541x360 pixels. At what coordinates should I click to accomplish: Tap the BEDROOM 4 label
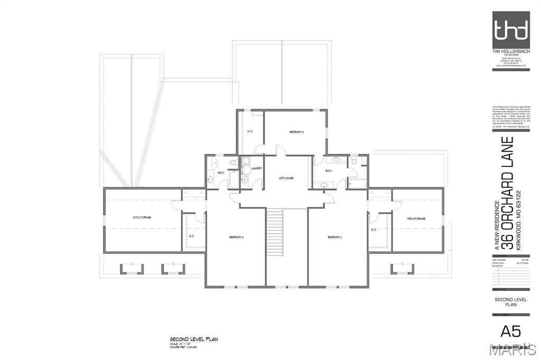pos(236,238)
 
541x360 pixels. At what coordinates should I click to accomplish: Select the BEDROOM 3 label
pos(335,238)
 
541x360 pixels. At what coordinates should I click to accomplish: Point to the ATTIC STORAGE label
pos(142,217)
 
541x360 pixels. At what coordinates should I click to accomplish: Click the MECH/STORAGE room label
pos(416,218)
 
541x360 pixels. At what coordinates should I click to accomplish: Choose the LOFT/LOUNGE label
pos(286,178)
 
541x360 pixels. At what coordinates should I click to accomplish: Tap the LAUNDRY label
pos(257,168)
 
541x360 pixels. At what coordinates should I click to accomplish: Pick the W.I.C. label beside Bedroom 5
pos(250,131)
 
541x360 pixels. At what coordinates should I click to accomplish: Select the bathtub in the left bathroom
pos(234,177)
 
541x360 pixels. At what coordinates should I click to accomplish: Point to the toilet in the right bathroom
pos(355,159)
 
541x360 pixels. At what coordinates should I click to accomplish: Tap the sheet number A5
pos(510,331)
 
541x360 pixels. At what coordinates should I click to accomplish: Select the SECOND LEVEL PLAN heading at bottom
pos(194,339)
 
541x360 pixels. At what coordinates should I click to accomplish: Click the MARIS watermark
pos(512,349)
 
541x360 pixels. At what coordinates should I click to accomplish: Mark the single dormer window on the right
pos(402,269)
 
